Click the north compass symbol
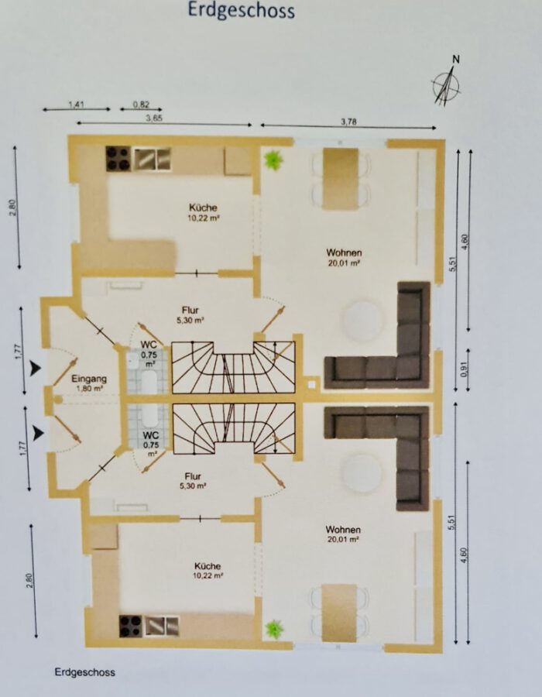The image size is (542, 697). coord(447,85)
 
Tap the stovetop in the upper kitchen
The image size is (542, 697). coord(118,158)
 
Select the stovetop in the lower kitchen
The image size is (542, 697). coord(130,627)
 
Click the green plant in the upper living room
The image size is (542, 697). coord(273,160)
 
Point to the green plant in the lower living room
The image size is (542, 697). coord(274,630)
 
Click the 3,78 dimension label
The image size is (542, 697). coord(348,122)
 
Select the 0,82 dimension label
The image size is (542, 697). coord(141,105)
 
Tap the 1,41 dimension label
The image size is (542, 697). coord(77,105)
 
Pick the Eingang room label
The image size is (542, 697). coord(89,379)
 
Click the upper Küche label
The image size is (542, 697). coord(203,208)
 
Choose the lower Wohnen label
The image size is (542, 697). coord(343,530)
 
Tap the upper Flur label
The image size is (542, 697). coord(190,311)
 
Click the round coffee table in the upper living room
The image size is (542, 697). coord(362,321)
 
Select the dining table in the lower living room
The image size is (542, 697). coord(339,613)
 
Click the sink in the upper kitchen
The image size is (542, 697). coord(153,159)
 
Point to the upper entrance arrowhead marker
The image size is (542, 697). coord(35,369)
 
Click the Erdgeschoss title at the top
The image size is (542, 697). coord(242,10)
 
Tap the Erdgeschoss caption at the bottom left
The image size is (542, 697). coord(85,672)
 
